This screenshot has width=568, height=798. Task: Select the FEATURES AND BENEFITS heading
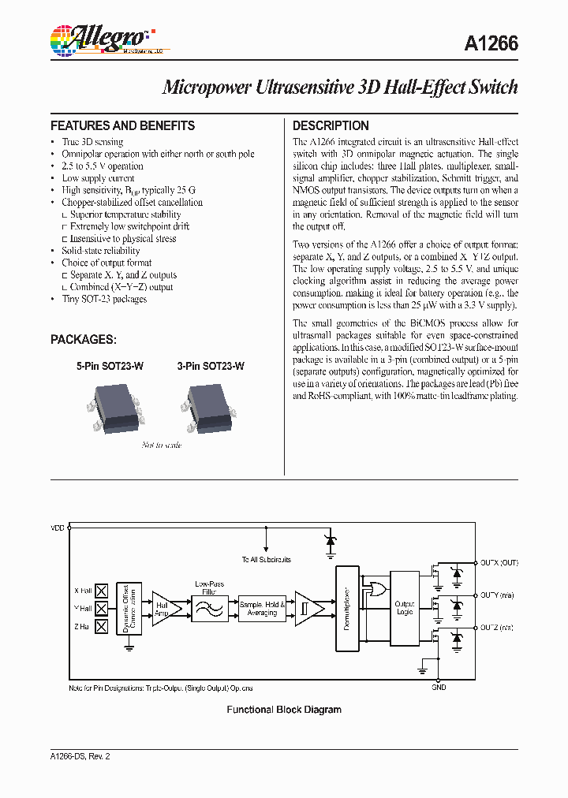122,125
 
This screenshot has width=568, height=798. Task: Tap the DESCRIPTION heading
331,125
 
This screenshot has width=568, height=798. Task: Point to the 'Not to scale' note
162,446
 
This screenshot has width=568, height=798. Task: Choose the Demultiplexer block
347,608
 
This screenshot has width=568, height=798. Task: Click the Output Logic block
404,608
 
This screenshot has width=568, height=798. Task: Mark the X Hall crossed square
101,590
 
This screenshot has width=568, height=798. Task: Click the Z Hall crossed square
101,628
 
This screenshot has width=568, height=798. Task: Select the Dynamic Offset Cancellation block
129,607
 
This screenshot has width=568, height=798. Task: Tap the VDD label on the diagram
58,528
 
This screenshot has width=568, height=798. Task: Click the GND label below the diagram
439,687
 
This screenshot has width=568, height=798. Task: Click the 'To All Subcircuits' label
267,559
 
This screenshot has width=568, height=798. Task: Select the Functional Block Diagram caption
284,710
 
